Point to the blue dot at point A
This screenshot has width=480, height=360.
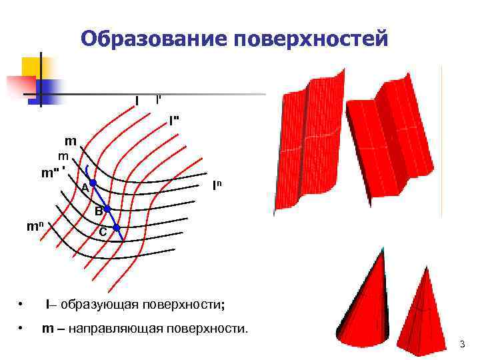coord(94,182)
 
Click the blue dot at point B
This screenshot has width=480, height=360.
coord(107,209)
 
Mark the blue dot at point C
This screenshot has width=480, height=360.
coord(117,229)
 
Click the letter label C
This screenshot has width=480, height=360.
coord(103,231)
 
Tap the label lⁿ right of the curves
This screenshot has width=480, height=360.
coord(217,185)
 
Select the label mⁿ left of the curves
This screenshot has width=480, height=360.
coord(35,226)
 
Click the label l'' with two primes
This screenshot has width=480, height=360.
coord(174,121)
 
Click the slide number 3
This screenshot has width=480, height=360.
coord(462,344)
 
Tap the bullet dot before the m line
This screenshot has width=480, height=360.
coord(23,329)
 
